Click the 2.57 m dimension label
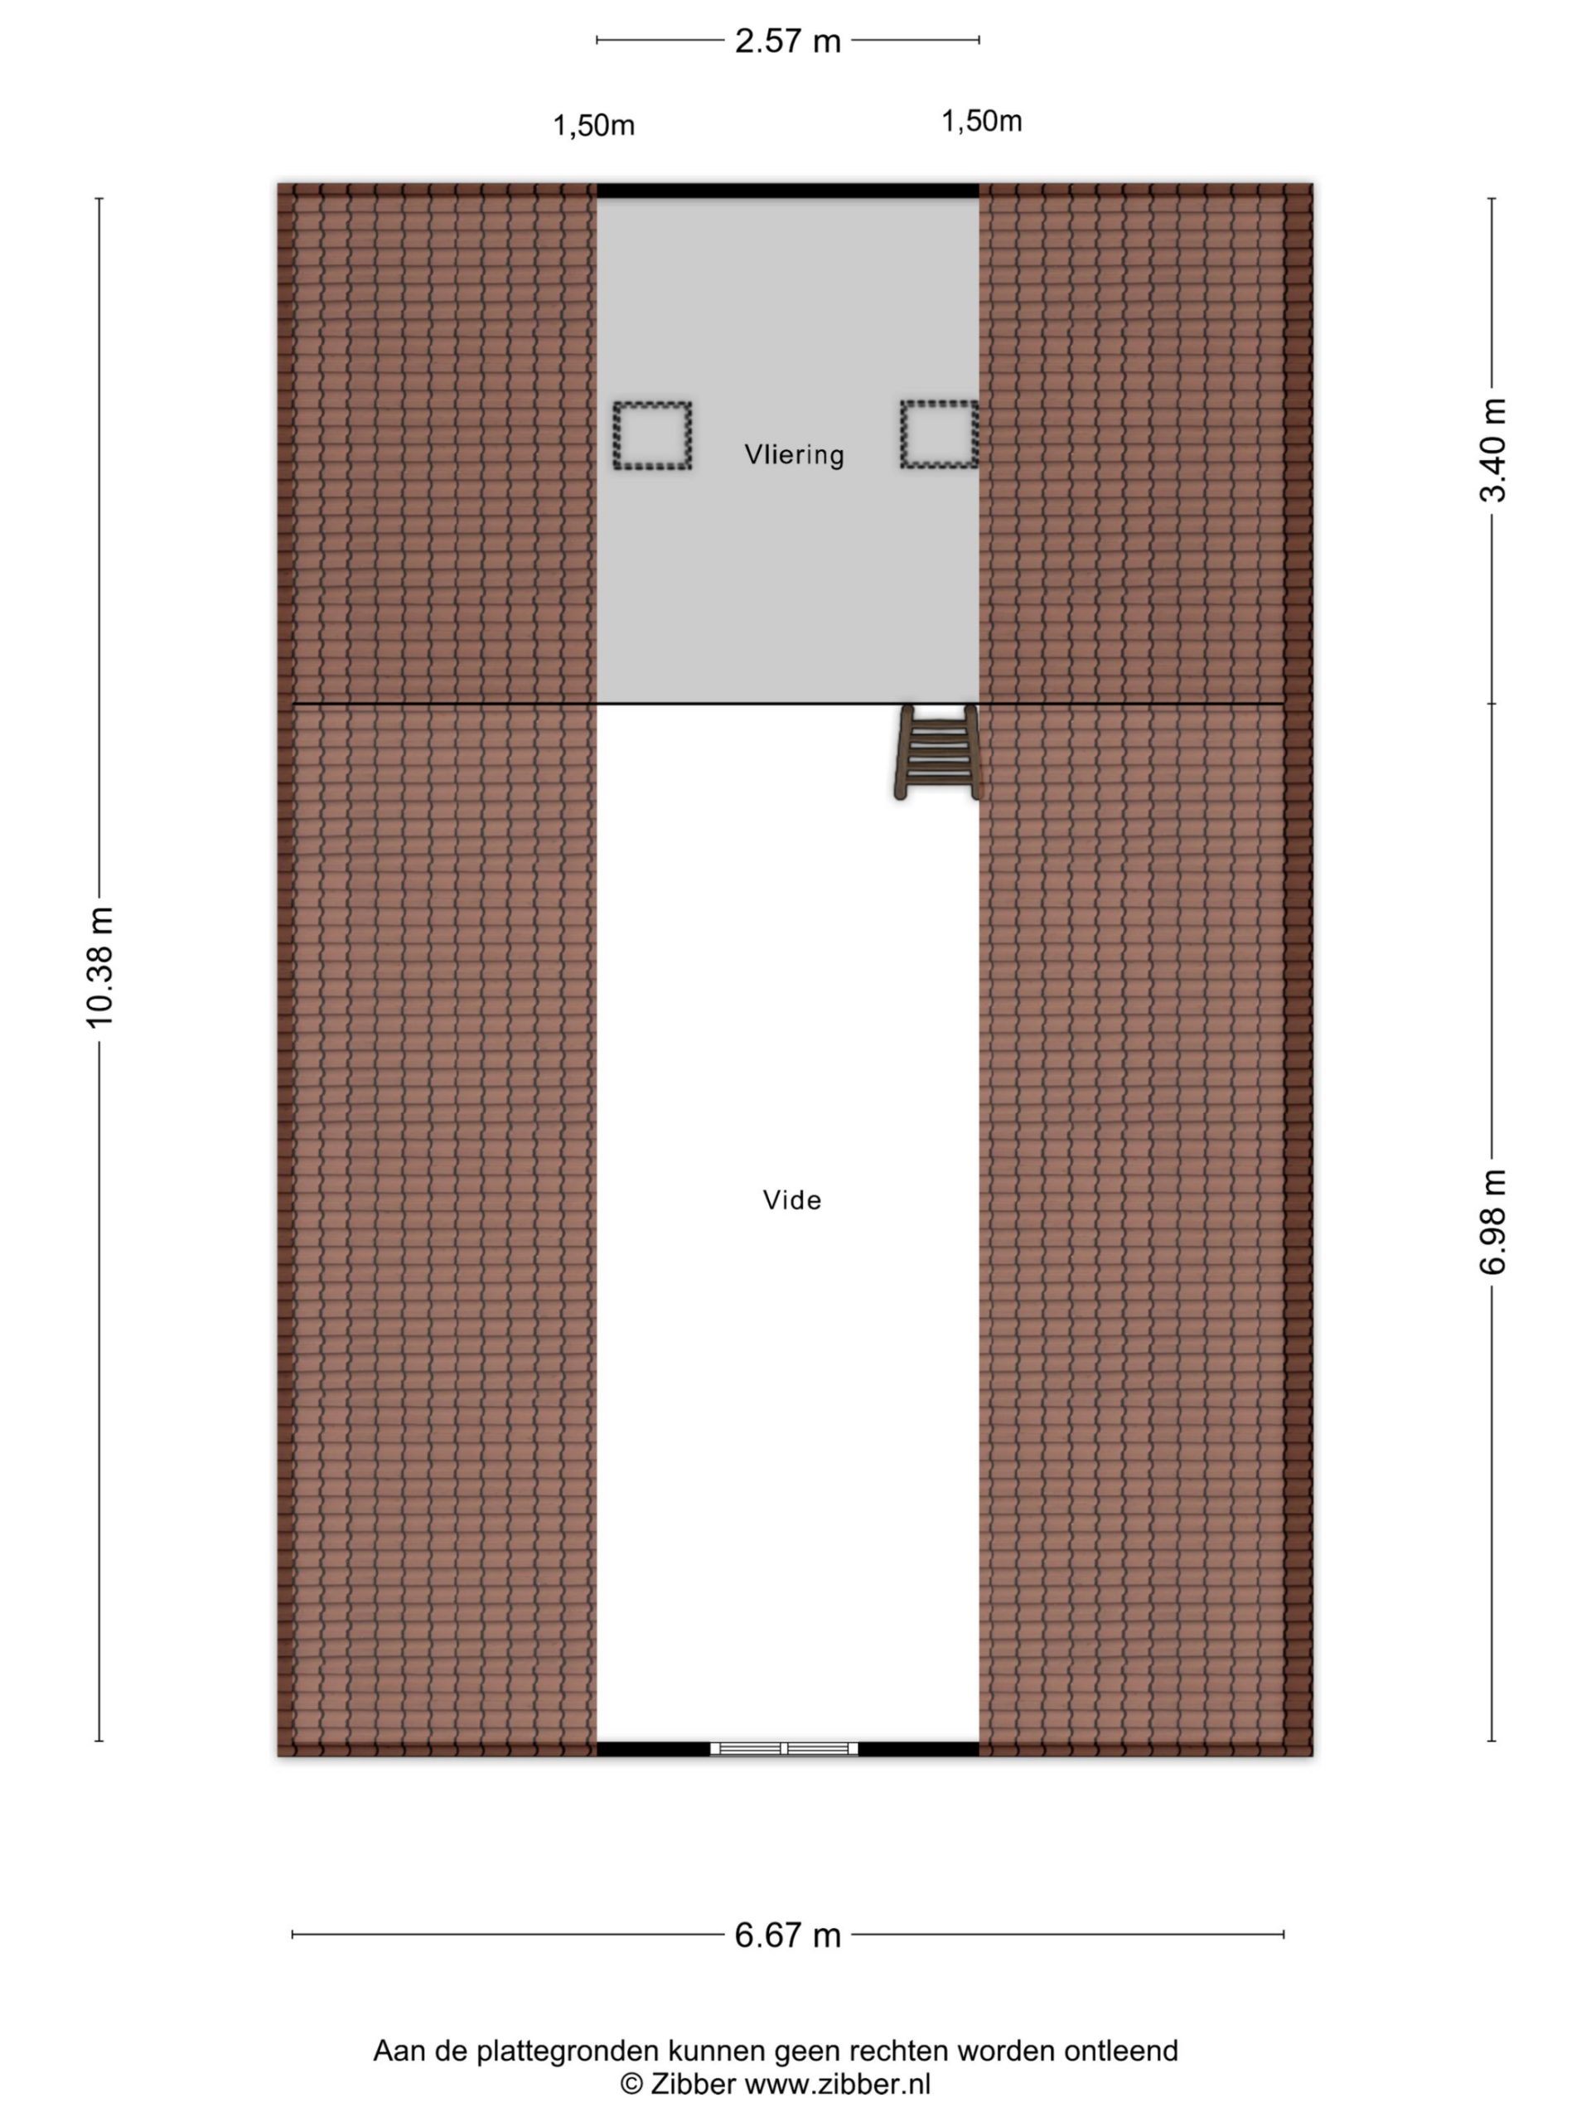[x=787, y=41]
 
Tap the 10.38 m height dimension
[x=99, y=967]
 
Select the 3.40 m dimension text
[x=1492, y=450]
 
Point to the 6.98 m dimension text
[x=1492, y=1222]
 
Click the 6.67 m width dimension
[x=787, y=1935]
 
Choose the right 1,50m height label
[x=981, y=121]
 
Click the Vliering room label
[x=794, y=453]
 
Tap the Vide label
[x=792, y=1200]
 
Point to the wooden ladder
[x=937, y=752]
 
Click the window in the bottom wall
[x=784, y=1748]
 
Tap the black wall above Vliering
[x=787, y=191]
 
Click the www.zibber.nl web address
[x=837, y=2084]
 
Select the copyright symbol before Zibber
[x=631, y=2084]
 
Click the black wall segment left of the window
[x=653, y=1749]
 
